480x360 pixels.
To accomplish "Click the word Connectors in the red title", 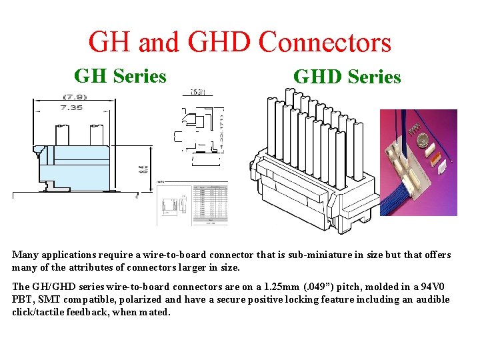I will click(x=325, y=42).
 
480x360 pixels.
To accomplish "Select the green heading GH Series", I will click(x=120, y=76).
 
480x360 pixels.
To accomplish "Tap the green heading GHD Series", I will click(x=347, y=77).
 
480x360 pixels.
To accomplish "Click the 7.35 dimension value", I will click(x=71, y=107).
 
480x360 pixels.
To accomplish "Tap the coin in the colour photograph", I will click(x=421, y=140).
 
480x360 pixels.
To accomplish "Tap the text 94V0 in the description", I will click(x=435, y=287).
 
